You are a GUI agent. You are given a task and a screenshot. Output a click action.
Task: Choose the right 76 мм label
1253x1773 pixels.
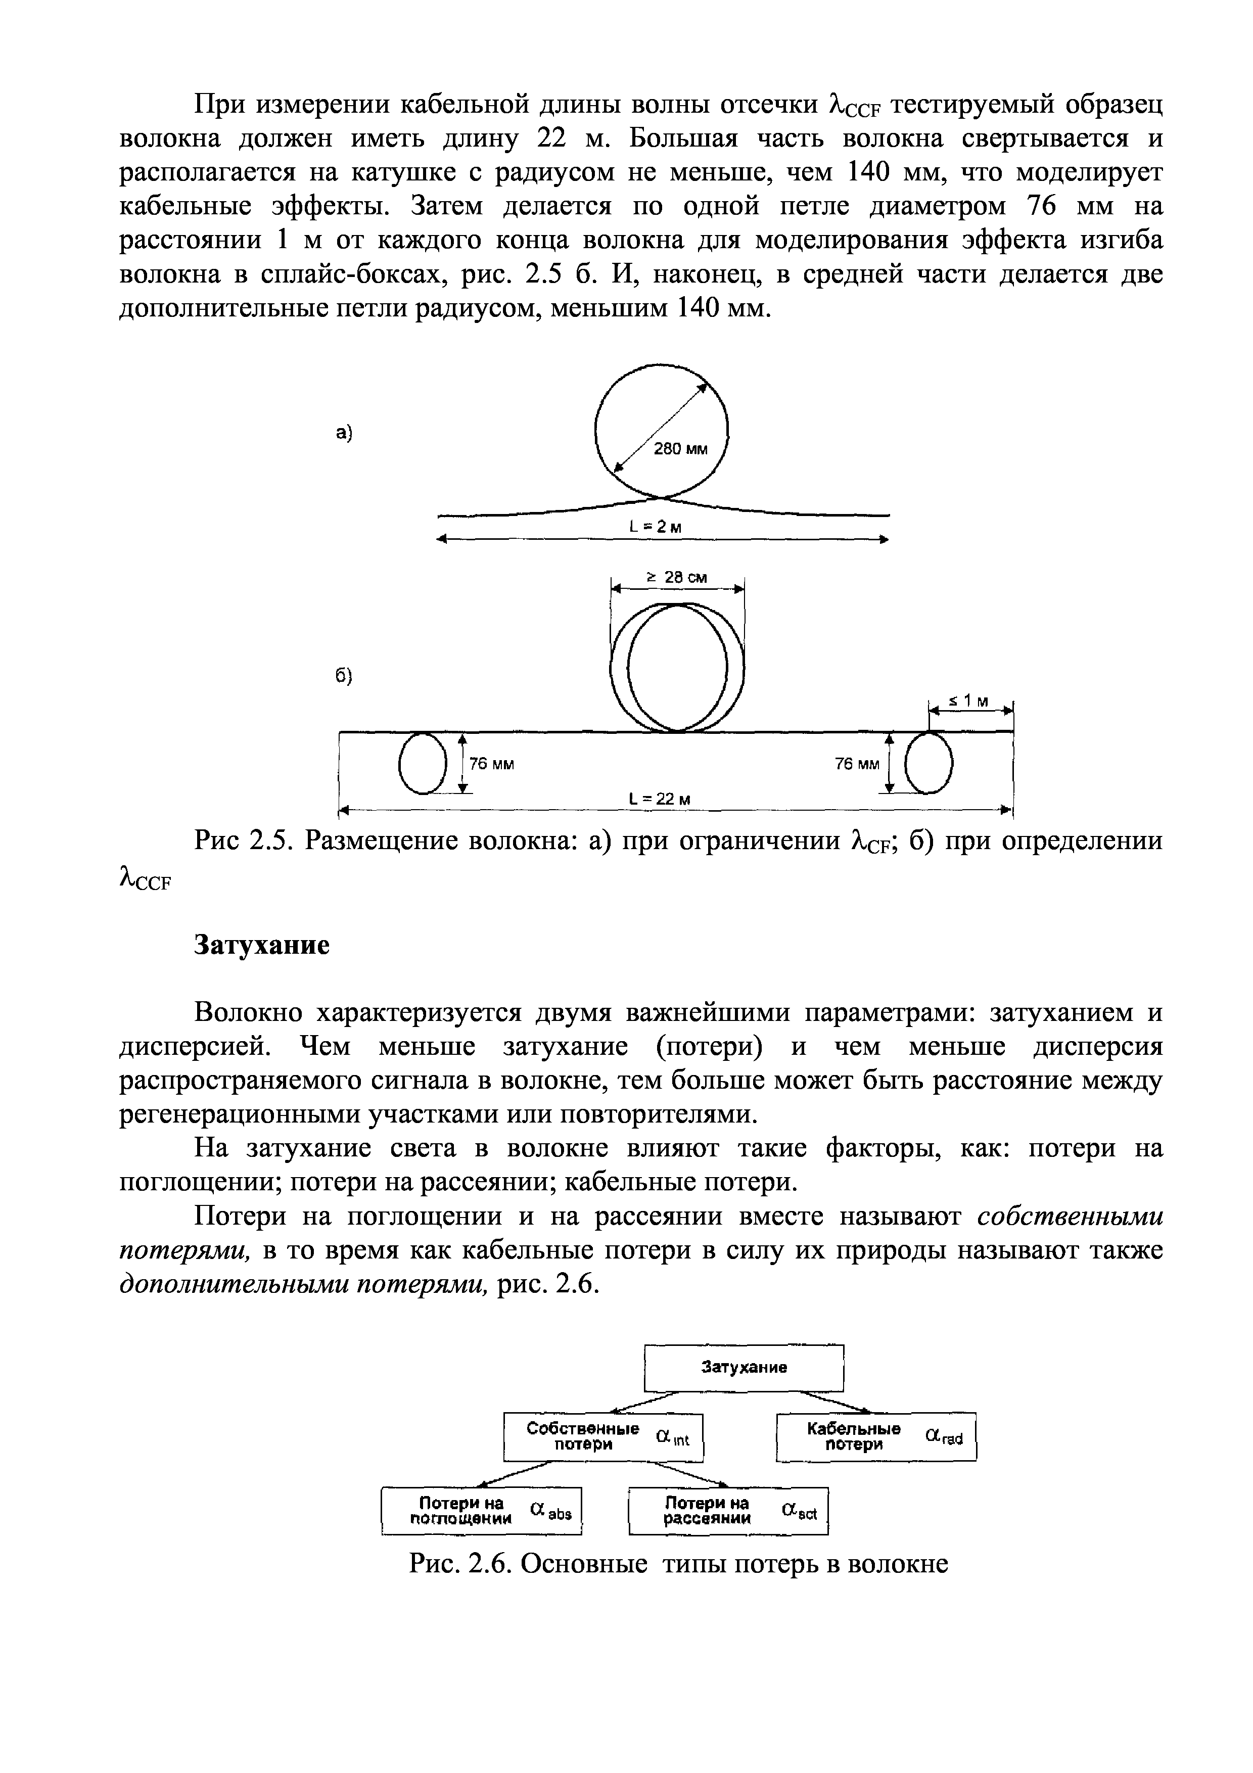pyautogui.click(x=857, y=764)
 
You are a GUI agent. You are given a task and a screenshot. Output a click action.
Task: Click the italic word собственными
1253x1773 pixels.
pyautogui.click(x=1069, y=1216)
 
